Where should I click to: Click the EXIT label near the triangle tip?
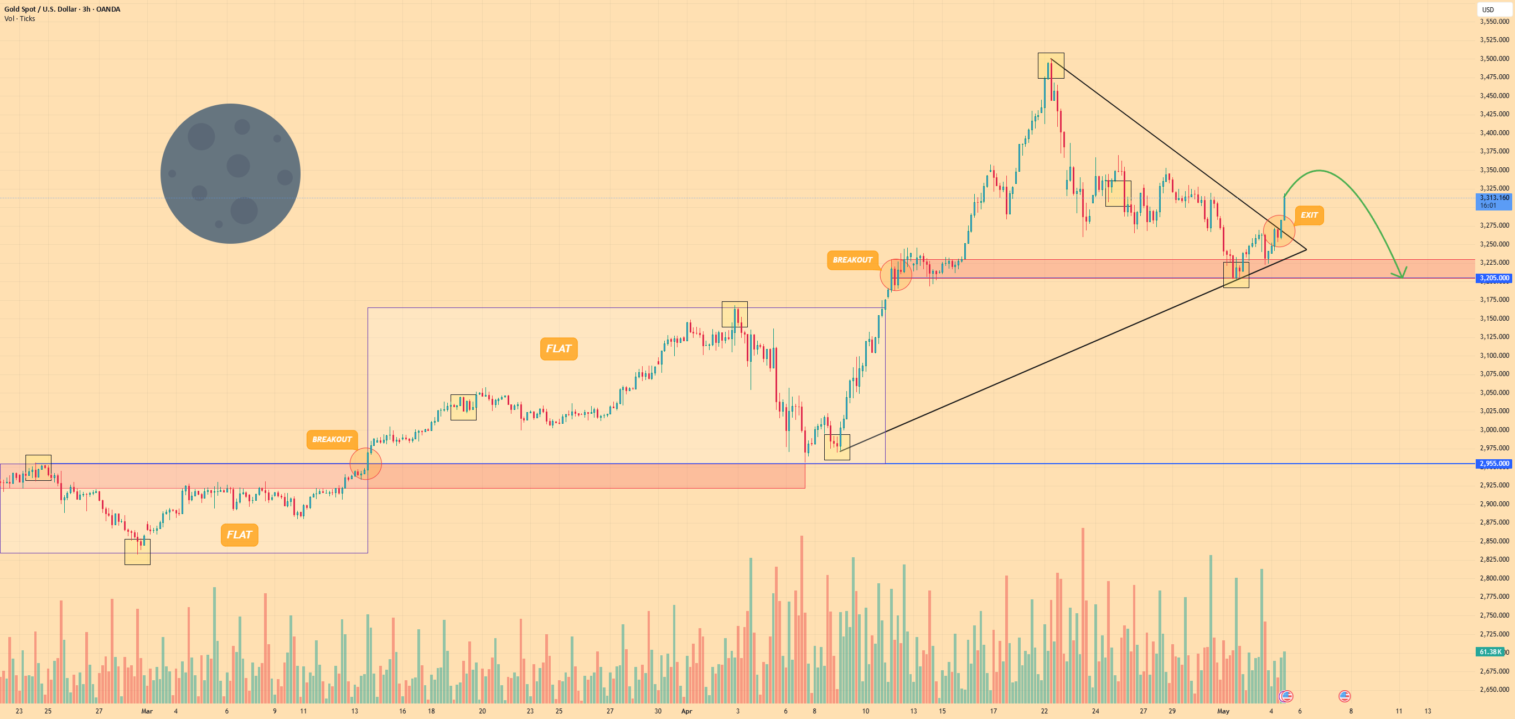tap(1309, 215)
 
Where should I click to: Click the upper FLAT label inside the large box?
tap(559, 348)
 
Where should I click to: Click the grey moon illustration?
tap(230, 173)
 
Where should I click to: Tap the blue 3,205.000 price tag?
tap(1494, 278)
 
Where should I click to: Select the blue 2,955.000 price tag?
tap(1494, 464)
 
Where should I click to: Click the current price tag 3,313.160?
tap(1494, 201)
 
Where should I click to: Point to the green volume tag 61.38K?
tap(1490, 652)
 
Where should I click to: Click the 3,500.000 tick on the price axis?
tap(1494, 58)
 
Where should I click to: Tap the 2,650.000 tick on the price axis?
tap(1494, 689)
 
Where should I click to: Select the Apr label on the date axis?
tap(686, 711)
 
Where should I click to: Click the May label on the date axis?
tap(1223, 711)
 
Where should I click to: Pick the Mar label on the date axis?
tap(147, 711)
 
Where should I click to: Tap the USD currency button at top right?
tap(1488, 9)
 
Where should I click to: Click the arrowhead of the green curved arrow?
tap(1401, 274)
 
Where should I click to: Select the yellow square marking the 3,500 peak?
tap(1051, 66)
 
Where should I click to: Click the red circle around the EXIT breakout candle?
tap(1279, 231)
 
